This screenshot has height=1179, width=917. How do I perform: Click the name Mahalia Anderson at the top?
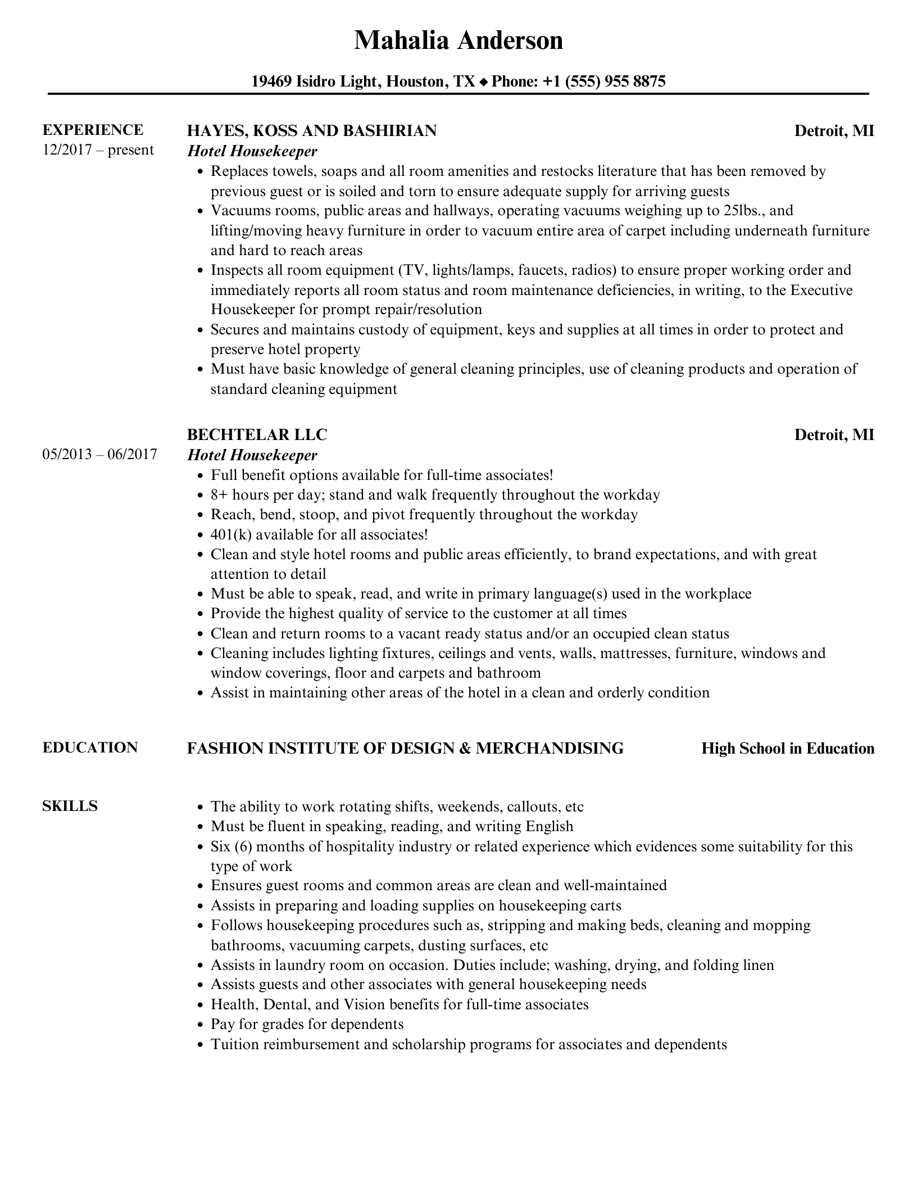(458, 40)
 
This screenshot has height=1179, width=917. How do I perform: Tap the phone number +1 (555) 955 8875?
(604, 82)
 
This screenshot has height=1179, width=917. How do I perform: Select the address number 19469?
(271, 82)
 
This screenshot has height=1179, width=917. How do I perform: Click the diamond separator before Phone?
(483, 83)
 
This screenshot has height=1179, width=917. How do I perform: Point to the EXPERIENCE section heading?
(93, 130)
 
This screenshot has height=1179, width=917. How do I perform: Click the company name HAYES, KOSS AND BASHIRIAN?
(311, 131)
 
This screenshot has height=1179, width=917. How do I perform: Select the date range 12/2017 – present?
(98, 150)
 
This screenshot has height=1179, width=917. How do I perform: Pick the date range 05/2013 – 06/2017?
(99, 454)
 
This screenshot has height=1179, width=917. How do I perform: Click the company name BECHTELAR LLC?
(257, 435)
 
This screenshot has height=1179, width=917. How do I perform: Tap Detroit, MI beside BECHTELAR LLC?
(834, 435)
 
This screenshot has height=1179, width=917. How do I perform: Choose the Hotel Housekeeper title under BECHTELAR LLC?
(252, 455)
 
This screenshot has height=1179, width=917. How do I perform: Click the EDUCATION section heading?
(90, 747)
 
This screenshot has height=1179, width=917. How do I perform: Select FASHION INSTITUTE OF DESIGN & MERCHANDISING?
(405, 749)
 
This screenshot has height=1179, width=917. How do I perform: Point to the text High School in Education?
(788, 749)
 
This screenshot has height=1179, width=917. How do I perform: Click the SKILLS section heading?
(70, 806)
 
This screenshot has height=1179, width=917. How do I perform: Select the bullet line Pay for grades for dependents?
(307, 1024)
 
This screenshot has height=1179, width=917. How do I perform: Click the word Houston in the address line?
(416, 82)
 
